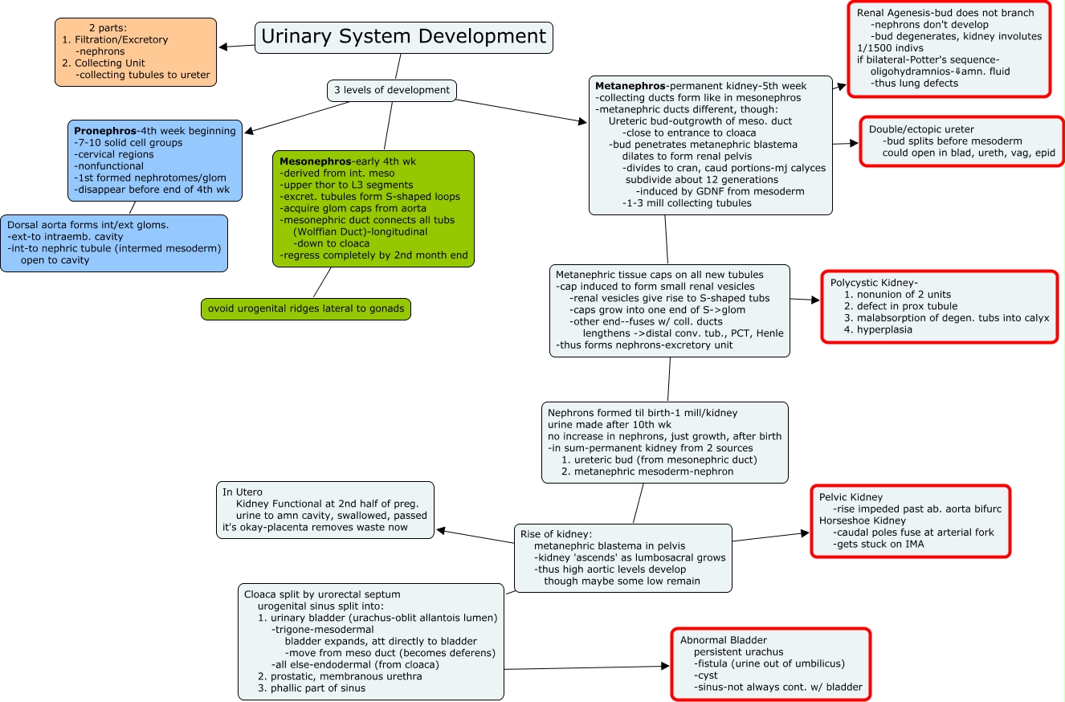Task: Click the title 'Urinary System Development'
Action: pyautogui.click(x=404, y=37)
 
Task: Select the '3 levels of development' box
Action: pyautogui.click(x=392, y=90)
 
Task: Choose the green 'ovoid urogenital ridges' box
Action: pyautogui.click(x=306, y=309)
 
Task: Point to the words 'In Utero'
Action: pyautogui.click(x=243, y=492)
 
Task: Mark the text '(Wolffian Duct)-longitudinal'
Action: pyautogui.click(x=360, y=231)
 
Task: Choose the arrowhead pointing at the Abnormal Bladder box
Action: pyautogui.click(x=665, y=666)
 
